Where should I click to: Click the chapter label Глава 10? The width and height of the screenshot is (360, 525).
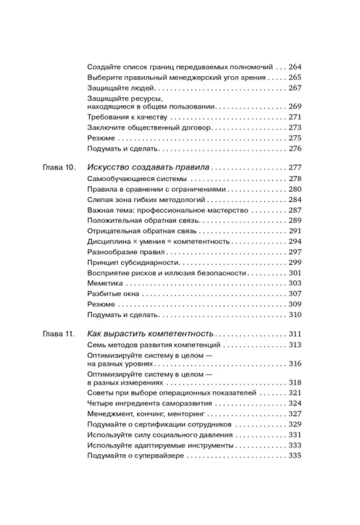56,167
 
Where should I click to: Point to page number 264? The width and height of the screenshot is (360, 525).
294,66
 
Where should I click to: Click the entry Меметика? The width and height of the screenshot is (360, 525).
104,283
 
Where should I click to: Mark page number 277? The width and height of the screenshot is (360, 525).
294,167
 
